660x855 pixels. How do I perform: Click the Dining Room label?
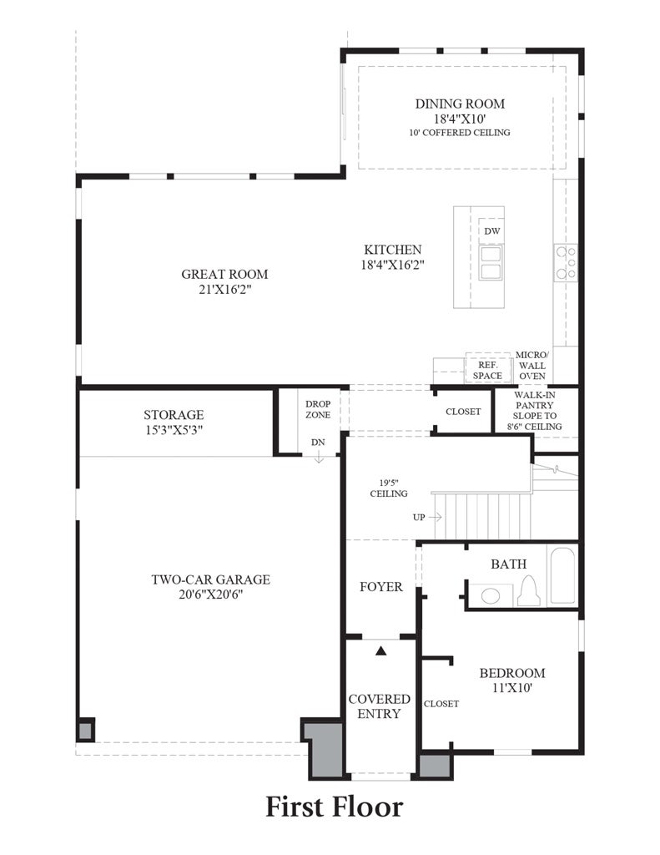(x=460, y=104)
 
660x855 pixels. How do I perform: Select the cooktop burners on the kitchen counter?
(x=566, y=261)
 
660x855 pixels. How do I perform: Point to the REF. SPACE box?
(x=486, y=370)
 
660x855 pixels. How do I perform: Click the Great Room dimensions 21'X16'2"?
(x=224, y=290)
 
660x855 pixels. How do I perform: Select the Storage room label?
(x=174, y=414)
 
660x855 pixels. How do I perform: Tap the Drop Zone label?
(x=318, y=409)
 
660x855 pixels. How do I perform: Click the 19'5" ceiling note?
(x=389, y=488)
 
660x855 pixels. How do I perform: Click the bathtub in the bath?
(x=562, y=574)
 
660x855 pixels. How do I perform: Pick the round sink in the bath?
(x=491, y=595)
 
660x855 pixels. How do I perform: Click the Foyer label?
(x=380, y=587)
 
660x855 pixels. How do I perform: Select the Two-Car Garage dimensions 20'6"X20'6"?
(x=210, y=594)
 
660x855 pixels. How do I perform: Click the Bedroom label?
(x=511, y=673)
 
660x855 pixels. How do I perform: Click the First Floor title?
(x=334, y=807)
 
